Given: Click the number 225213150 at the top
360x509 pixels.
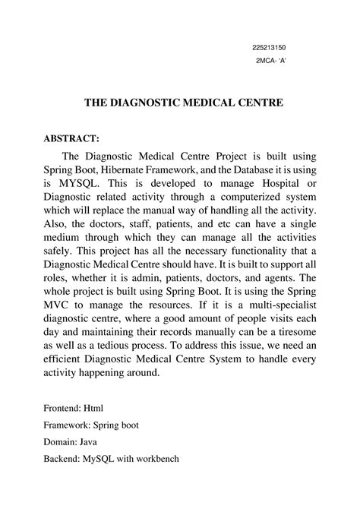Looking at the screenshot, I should tap(268, 46).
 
